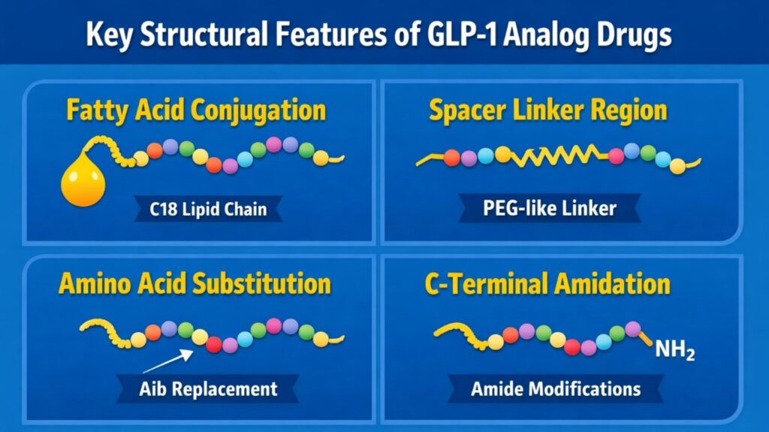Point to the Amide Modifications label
(556, 388)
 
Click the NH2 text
(674, 351)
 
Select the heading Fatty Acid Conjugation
(196, 110)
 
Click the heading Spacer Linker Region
(547, 110)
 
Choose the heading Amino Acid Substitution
(195, 284)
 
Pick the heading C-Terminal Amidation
(547, 284)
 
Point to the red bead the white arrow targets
(214, 344)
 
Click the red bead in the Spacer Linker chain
(451, 158)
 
